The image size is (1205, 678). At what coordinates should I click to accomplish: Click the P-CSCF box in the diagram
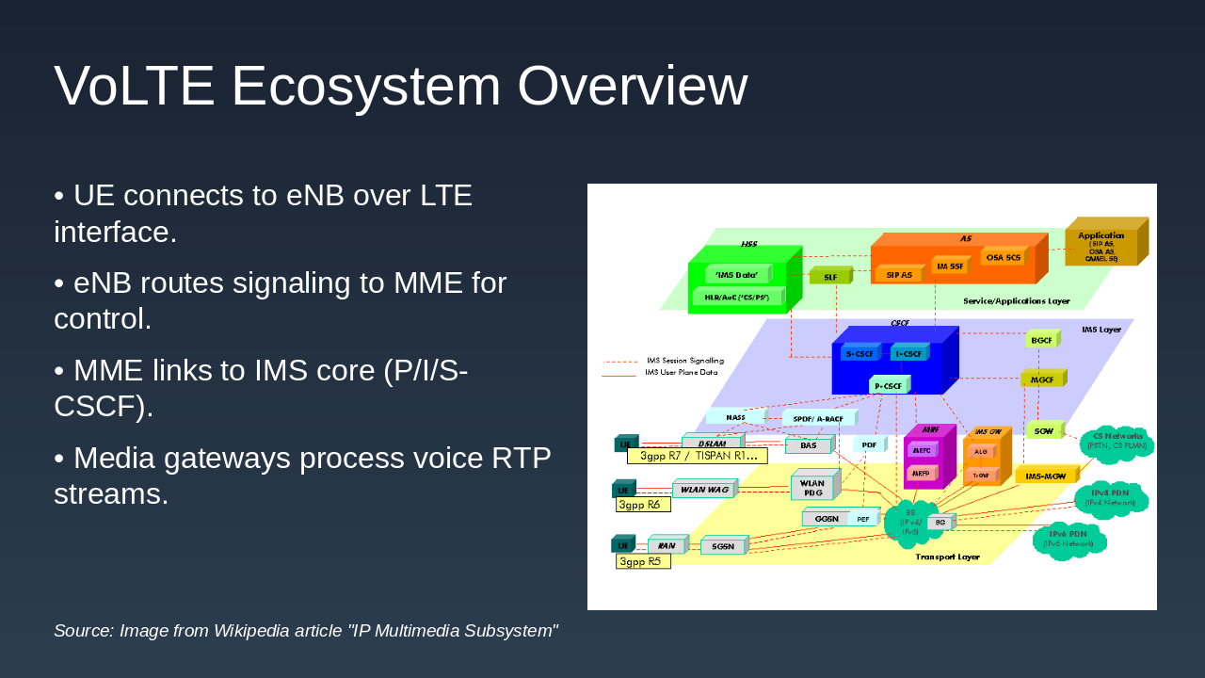click(888, 385)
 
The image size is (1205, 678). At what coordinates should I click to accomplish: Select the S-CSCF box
click(860, 353)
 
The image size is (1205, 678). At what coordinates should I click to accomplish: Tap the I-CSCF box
click(908, 353)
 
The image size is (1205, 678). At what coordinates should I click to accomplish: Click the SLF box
click(829, 277)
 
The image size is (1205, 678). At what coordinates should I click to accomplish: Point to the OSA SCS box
click(1003, 257)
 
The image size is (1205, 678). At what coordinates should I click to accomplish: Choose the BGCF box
click(1041, 340)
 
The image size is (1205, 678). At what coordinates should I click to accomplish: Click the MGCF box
click(1042, 379)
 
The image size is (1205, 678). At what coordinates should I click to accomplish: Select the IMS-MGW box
click(1045, 476)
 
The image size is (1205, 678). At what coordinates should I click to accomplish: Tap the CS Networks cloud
click(1117, 441)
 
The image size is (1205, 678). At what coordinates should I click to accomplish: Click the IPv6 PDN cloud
click(1068, 539)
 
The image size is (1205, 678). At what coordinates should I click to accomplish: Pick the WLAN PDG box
click(812, 488)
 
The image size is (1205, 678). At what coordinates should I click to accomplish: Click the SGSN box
click(723, 546)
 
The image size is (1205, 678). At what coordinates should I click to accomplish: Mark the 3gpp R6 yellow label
click(642, 505)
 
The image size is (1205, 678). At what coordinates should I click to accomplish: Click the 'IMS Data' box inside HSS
click(736, 275)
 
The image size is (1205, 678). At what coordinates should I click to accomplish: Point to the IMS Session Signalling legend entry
click(684, 361)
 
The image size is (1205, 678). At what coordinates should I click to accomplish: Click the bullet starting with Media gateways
click(302, 476)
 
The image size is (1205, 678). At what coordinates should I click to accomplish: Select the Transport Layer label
click(947, 557)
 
